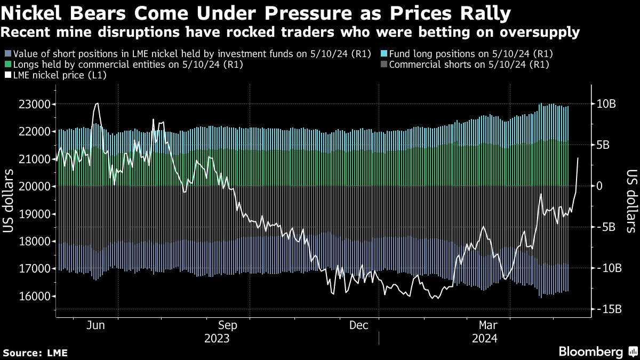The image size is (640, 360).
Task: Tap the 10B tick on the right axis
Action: pyautogui.click(x=606, y=104)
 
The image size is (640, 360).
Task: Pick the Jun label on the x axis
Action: pyautogui.click(x=95, y=325)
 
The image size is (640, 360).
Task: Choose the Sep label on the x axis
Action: pyautogui.click(x=228, y=325)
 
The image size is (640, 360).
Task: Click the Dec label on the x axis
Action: pyautogui.click(x=359, y=325)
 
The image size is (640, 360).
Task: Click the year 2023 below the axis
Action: pyautogui.click(x=217, y=339)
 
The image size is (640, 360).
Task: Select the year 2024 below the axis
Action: pyautogui.click(x=484, y=339)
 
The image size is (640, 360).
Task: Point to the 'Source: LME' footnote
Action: pyautogui.click(x=35, y=353)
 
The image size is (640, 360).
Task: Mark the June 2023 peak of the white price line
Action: pyautogui.click(x=97, y=103)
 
